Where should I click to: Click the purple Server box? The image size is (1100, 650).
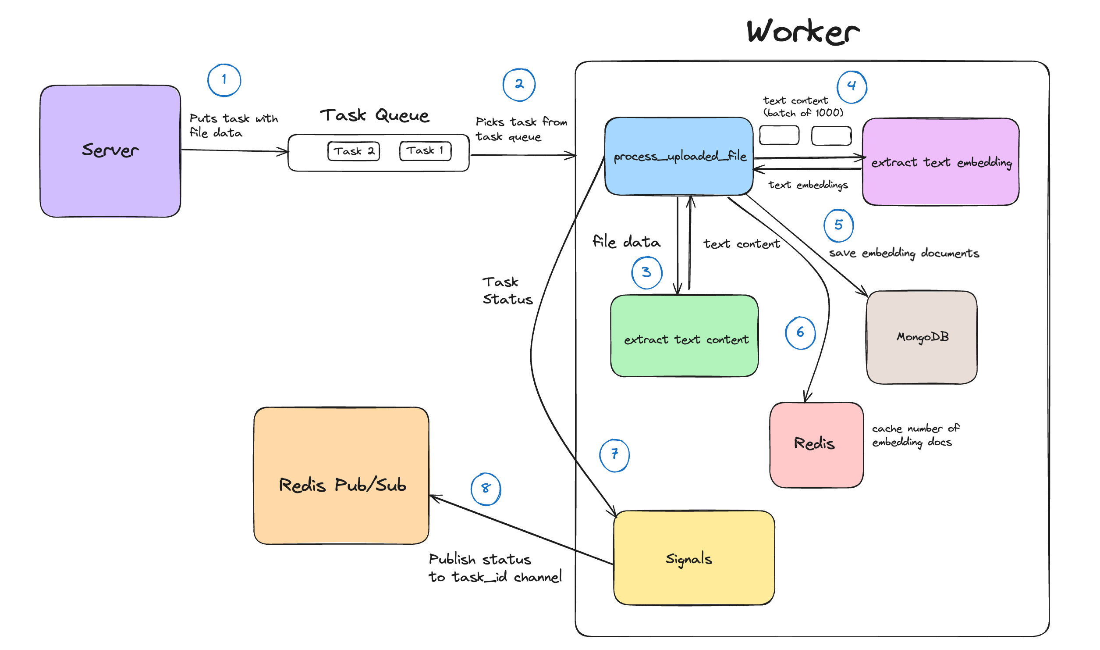pyautogui.click(x=110, y=151)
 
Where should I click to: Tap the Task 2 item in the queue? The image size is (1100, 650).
pyautogui.click(x=354, y=151)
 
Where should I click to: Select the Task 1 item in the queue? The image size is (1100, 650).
pyautogui.click(x=425, y=151)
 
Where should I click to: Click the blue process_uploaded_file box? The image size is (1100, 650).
pyautogui.click(x=679, y=156)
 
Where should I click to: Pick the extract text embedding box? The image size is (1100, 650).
pyautogui.click(x=940, y=161)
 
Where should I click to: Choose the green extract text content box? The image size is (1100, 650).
pyautogui.click(x=685, y=336)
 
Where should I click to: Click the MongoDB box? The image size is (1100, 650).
pyautogui.click(x=922, y=337)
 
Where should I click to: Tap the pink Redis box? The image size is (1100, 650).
pyautogui.click(x=816, y=444)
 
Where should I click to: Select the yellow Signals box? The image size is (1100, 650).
pyautogui.click(x=694, y=557)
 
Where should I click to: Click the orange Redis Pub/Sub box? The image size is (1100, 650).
pyautogui.click(x=341, y=476)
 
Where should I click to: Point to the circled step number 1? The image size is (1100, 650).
pyautogui.click(x=224, y=80)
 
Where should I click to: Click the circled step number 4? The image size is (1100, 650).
pyautogui.click(x=852, y=87)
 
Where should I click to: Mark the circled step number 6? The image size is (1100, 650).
pyautogui.click(x=800, y=333)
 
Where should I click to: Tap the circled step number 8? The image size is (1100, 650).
pyautogui.click(x=486, y=489)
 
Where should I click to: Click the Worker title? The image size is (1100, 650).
pyautogui.click(x=803, y=32)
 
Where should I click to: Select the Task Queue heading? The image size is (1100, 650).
pyautogui.click(x=374, y=115)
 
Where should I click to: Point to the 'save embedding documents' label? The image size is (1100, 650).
pyautogui.click(x=904, y=254)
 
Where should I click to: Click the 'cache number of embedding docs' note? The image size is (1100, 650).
pyautogui.click(x=915, y=435)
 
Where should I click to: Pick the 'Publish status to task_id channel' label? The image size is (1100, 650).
pyautogui.click(x=495, y=568)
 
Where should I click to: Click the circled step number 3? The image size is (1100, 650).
pyautogui.click(x=646, y=272)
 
